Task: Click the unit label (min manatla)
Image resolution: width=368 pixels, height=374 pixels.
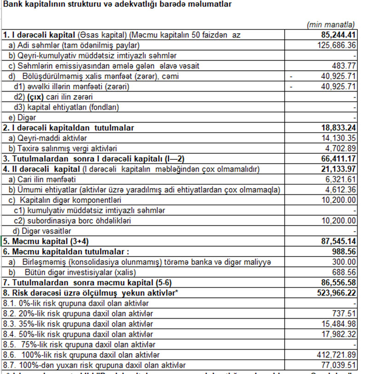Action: coord(330,24)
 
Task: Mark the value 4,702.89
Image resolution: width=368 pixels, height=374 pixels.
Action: coord(339,148)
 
